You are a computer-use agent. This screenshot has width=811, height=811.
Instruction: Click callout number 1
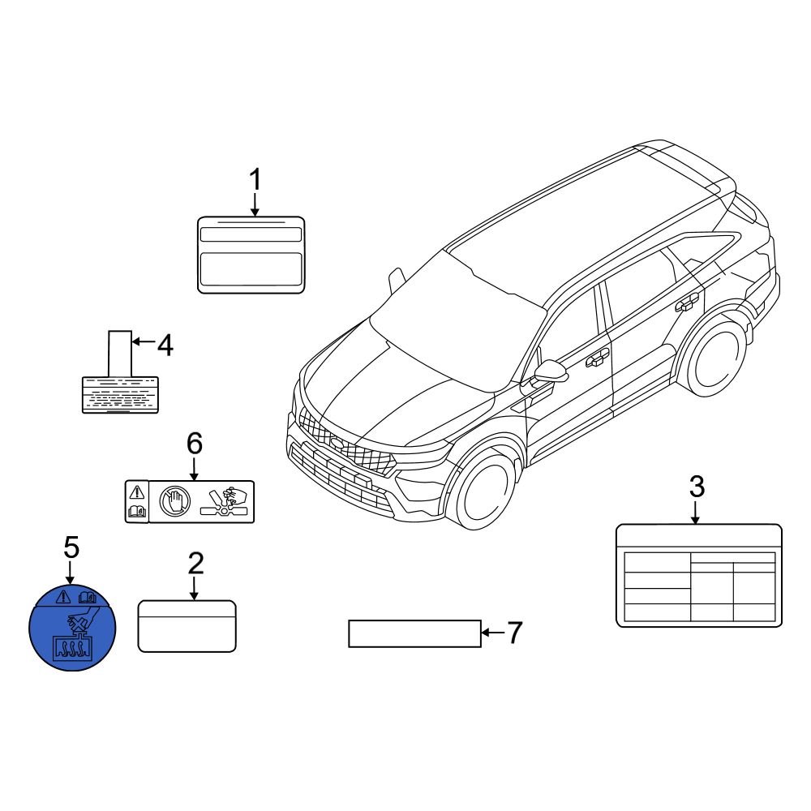tap(255, 179)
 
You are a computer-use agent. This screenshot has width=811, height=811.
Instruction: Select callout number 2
tap(195, 564)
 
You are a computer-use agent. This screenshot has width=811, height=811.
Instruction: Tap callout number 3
tap(697, 487)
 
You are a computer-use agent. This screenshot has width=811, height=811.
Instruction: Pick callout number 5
tap(71, 547)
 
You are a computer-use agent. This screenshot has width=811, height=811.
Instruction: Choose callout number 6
tap(194, 443)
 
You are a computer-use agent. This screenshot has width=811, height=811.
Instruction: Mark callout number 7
tap(514, 633)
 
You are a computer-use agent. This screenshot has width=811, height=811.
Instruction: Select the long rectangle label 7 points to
tap(414, 633)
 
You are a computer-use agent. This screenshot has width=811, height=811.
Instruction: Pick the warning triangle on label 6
tap(136, 491)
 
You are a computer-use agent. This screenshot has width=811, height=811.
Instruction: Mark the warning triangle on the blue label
tap(62, 598)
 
